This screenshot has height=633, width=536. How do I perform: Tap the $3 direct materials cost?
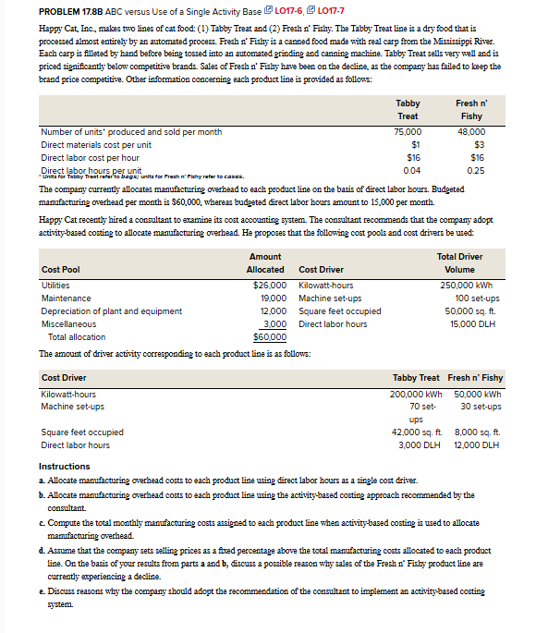(x=479, y=145)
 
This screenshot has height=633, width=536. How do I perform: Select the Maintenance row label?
(x=67, y=298)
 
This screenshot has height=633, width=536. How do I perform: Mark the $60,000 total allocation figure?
(x=271, y=337)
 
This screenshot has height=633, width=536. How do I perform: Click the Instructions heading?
(x=65, y=466)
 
